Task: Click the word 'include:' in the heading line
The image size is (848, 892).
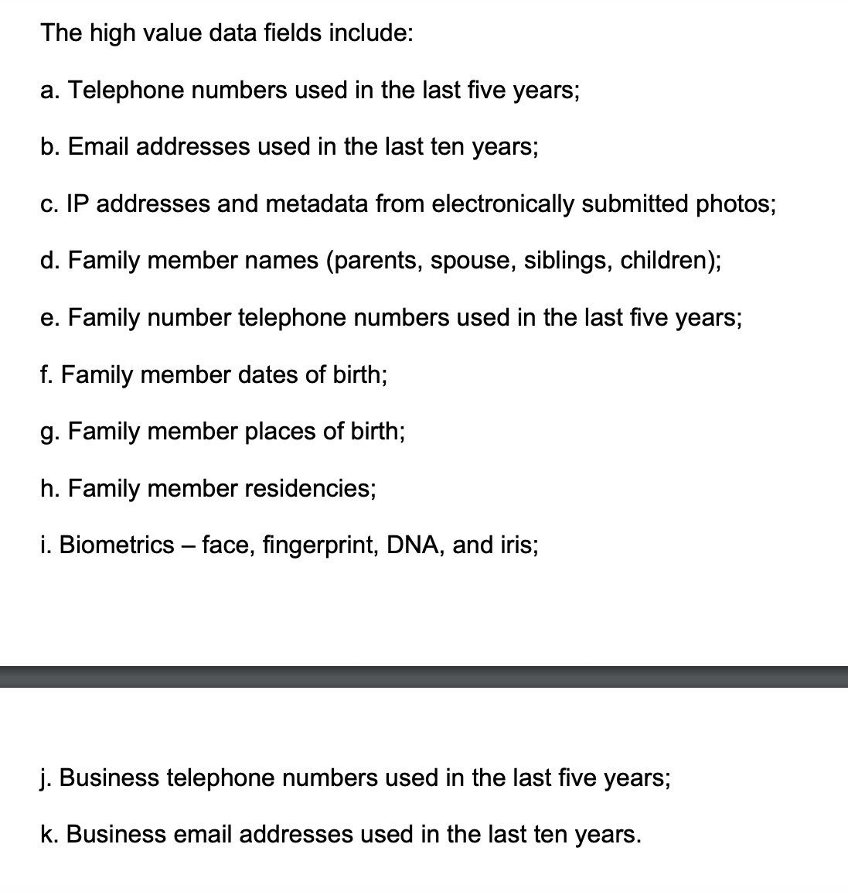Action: tap(369, 33)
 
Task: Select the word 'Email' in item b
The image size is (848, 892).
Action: tap(98, 147)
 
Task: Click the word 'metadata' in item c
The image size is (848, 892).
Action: tap(317, 203)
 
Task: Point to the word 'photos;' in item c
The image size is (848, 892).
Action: tap(735, 203)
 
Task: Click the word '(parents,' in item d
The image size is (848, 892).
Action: tap(374, 261)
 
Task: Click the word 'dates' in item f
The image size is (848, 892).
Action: tap(268, 374)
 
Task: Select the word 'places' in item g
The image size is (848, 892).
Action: tap(281, 432)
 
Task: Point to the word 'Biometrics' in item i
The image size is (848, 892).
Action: tap(117, 545)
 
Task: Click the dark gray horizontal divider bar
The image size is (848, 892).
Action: tap(424, 677)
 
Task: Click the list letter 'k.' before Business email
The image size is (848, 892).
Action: tap(50, 834)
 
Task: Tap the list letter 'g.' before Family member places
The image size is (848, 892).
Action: tap(50, 432)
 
